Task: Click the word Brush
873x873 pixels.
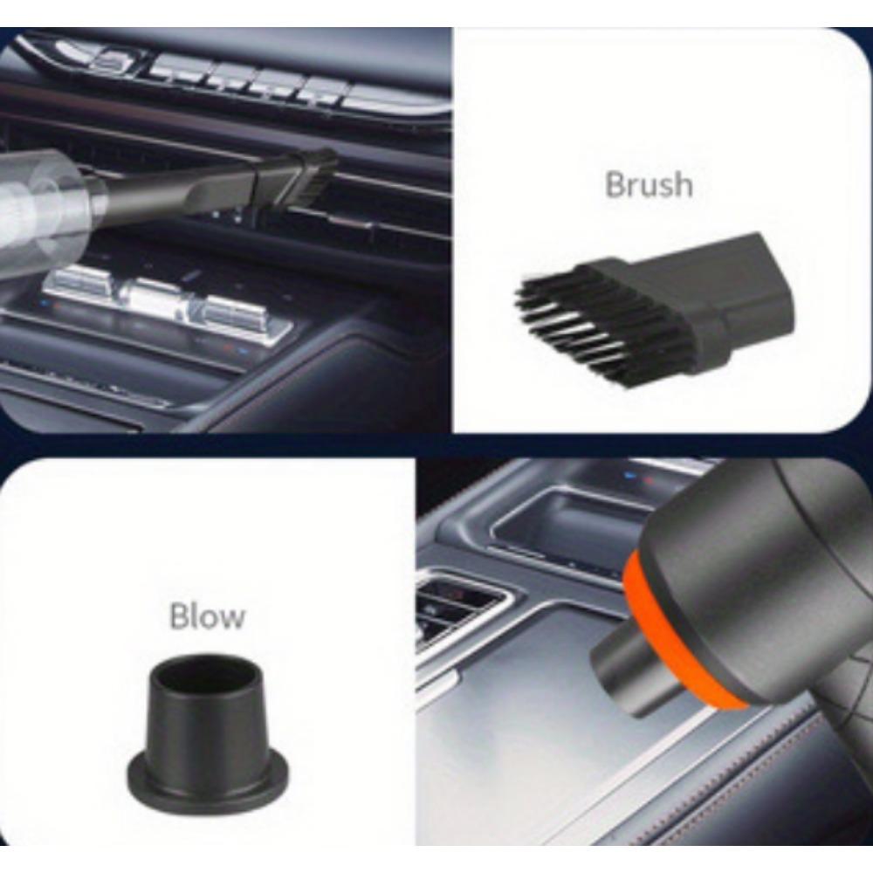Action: pos(649,185)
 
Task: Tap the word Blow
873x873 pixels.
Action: pos(207,616)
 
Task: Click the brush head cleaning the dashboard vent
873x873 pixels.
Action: pos(310,179)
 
